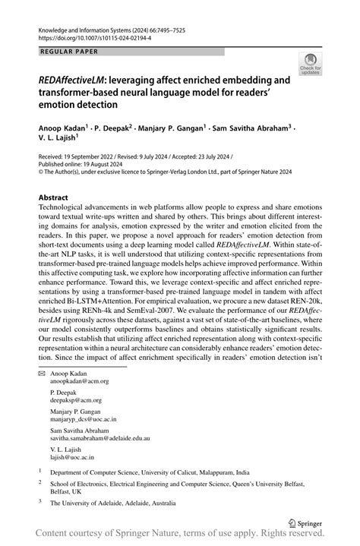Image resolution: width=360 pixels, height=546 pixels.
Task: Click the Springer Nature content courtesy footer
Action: [180, 538]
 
